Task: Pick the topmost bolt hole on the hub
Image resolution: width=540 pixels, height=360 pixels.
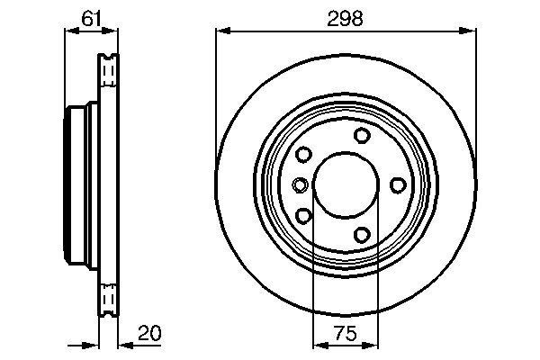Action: click(x=362, y=136)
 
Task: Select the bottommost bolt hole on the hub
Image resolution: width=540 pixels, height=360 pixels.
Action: click(x=362, y=235)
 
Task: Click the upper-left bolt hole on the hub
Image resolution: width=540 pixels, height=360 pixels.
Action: click(x=303, y=155)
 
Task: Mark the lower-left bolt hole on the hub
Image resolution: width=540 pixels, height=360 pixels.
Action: click(x=303, y=216)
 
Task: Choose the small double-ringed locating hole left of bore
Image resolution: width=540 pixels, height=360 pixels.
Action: click(x=301, y=185)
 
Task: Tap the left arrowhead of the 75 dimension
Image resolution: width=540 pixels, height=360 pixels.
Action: click(x=318, y=344)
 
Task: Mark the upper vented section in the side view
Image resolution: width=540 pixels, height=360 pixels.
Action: click(x=108, y=70)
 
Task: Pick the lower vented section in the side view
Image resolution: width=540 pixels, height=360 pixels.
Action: click(x=108, y=297)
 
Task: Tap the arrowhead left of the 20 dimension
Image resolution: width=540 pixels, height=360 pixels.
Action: click(x=92, y=344)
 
